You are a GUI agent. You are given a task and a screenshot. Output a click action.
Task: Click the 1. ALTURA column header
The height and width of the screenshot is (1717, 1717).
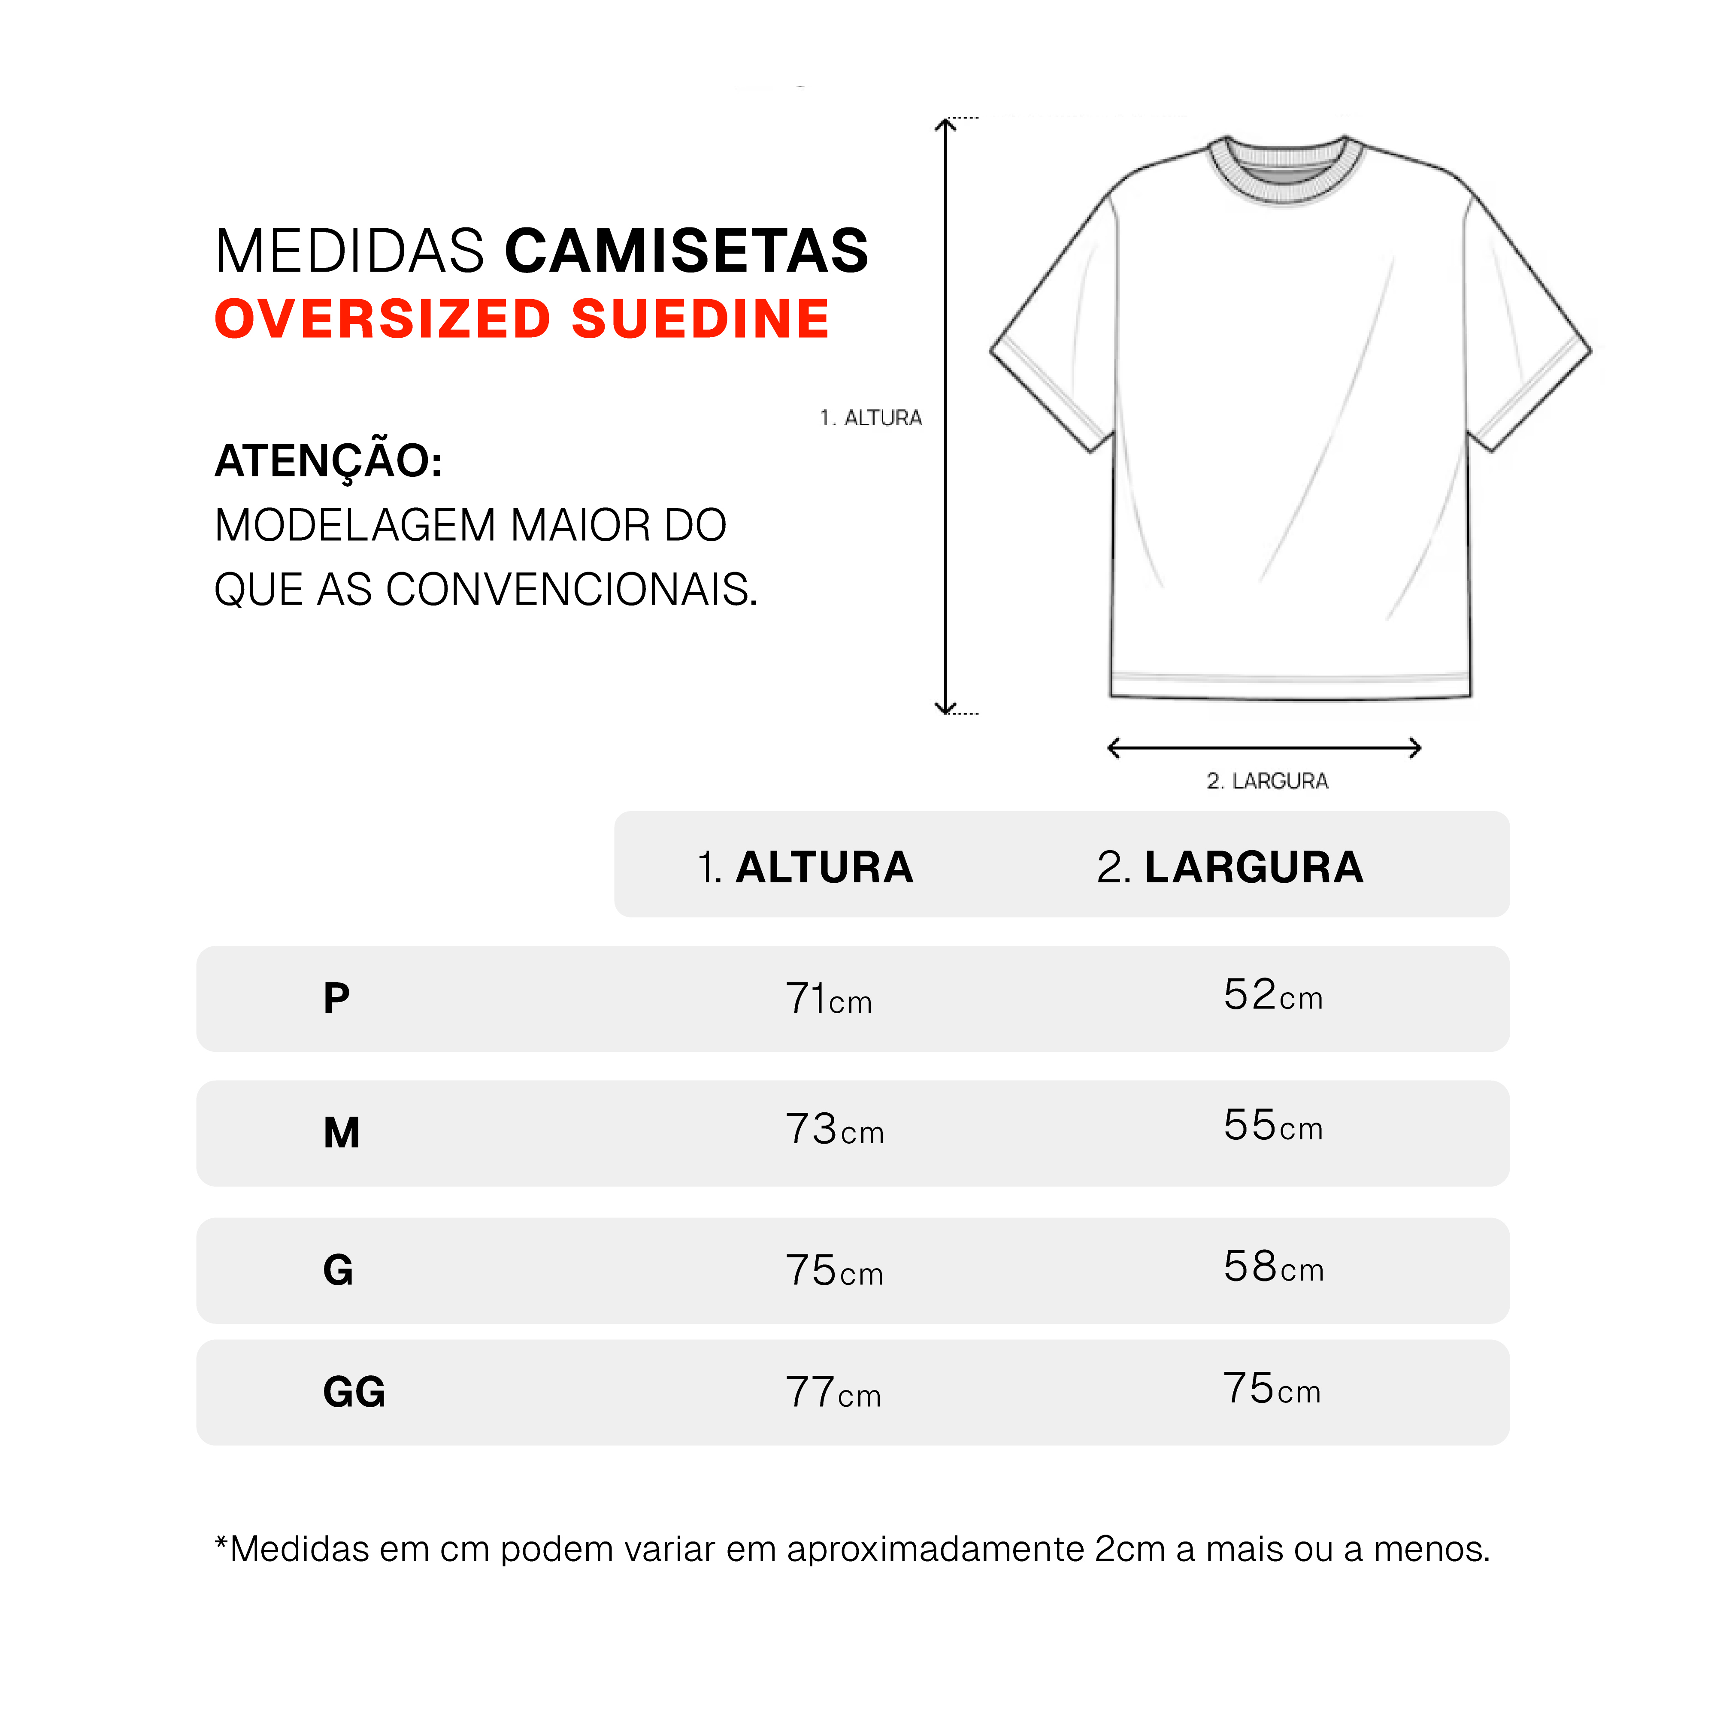805,867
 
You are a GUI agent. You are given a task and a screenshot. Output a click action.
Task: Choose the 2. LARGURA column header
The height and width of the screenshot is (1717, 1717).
1230,867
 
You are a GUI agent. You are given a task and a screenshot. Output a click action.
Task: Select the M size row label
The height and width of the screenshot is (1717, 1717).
341,1133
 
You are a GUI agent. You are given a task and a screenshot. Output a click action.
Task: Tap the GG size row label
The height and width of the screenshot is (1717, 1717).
354,1392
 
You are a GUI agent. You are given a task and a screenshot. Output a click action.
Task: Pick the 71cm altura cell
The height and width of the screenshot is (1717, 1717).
828,999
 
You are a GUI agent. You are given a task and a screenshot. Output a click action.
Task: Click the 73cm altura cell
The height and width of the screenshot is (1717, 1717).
835,1130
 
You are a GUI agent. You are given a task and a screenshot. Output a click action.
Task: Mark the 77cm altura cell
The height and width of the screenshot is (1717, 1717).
833,1393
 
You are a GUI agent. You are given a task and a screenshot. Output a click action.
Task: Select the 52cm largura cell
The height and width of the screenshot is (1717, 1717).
1273,995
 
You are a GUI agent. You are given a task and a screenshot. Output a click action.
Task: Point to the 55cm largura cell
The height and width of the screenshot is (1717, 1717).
1273,1126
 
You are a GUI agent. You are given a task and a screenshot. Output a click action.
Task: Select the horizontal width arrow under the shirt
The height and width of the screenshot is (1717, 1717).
1264,748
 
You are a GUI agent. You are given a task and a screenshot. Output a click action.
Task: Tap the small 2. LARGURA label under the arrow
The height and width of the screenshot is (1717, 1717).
1267,781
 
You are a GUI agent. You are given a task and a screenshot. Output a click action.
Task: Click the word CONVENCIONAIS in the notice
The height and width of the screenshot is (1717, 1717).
571,589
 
